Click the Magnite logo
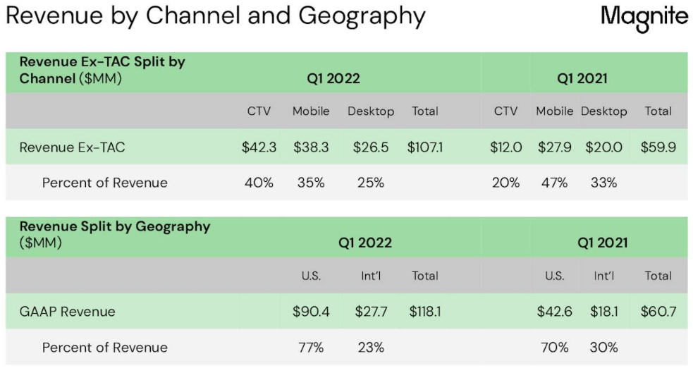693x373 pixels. tap(644, 18)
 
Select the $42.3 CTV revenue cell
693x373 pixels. tap(259, 147)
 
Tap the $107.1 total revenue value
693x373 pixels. tap(425, 147)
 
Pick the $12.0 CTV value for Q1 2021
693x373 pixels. tap(506, 147)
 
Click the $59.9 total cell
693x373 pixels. tap(658, 147)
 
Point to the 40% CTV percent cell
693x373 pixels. tap(259, 183)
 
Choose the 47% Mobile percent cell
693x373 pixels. tap(554, 183)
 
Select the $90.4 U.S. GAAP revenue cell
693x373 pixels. tap(311, 312)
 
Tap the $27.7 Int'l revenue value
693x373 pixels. tap(371, 312)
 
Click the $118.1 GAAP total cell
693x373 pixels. tap(425, 312)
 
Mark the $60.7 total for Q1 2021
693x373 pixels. tap(658, 312)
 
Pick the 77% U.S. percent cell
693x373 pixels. tap(311, 348)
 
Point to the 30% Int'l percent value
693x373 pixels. tap(603, 348)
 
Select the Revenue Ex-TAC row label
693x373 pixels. tap(72, 147)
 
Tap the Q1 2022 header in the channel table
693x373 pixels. tap(333, 79)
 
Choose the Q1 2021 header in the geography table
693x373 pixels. tap(603, 243)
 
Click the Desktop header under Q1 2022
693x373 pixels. tap(371, 111)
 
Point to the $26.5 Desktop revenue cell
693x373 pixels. tap(371, 147)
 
